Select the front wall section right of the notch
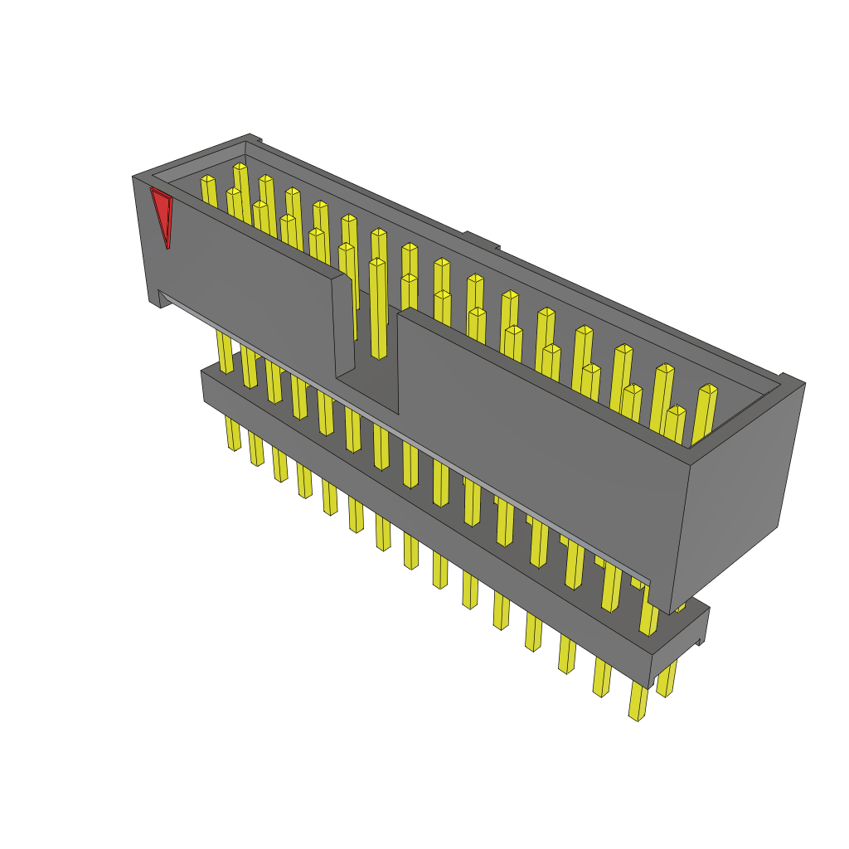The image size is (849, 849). point(539,448)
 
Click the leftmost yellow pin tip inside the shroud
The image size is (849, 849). point(207,179)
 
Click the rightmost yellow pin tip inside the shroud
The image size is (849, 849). point(708,389)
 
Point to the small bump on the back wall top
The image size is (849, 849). point(481,238)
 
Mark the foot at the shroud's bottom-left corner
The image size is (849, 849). point(155,300)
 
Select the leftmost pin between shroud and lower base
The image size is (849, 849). point(225,352)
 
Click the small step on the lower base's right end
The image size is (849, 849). point(699,641)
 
